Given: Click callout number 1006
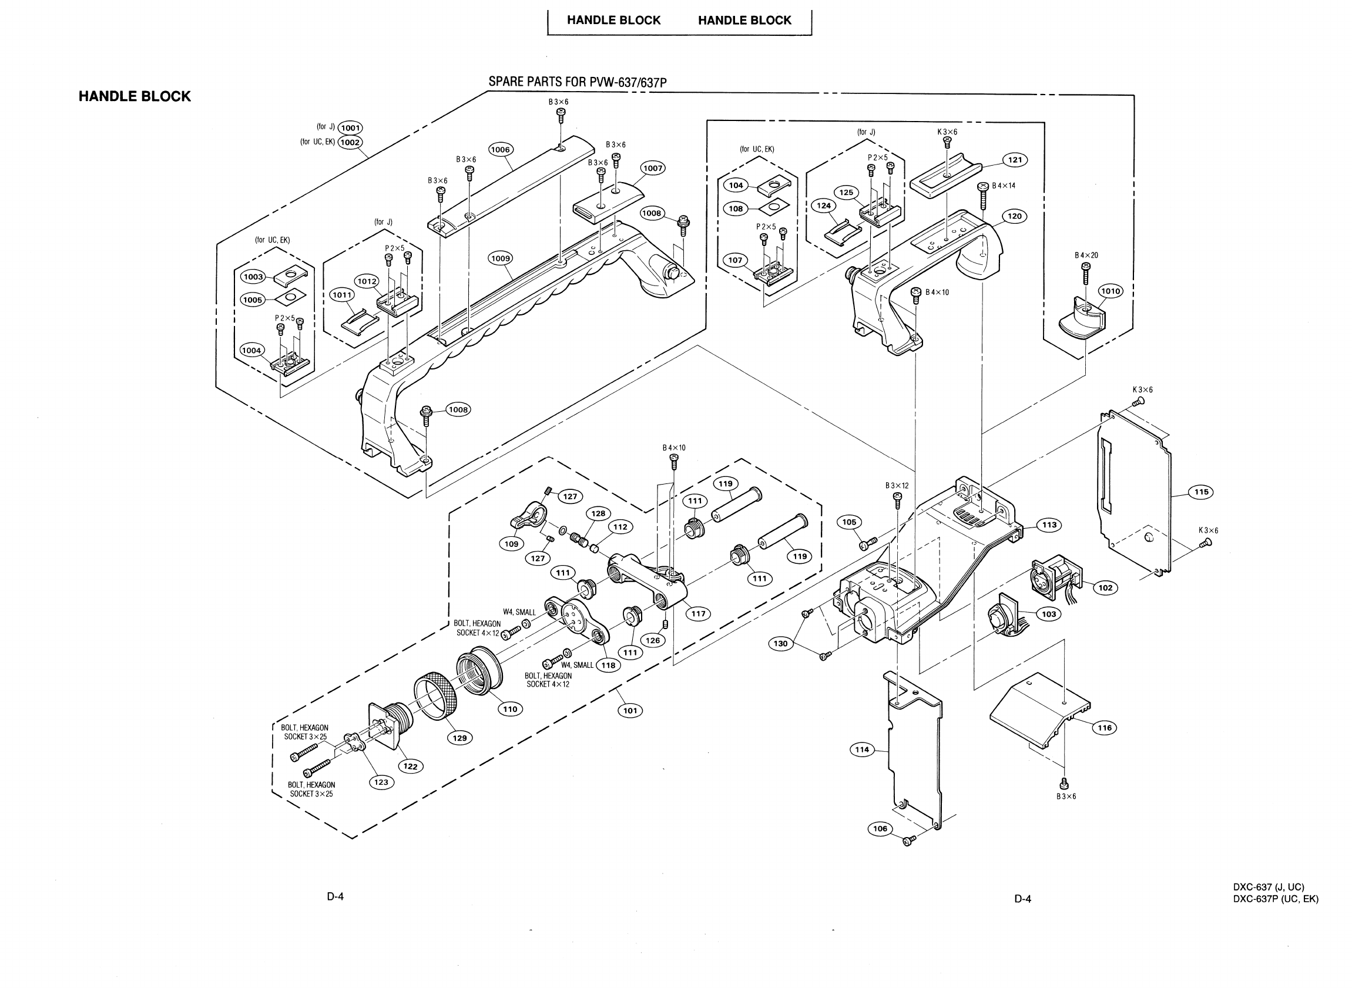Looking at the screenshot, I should (500, 150).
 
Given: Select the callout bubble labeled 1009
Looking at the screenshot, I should (500, 258).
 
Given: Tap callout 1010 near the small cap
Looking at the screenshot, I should (1111, 291).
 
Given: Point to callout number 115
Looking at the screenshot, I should (1201, 492).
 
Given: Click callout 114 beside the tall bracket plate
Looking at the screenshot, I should (862, 750).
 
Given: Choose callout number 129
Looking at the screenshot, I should (459, 738).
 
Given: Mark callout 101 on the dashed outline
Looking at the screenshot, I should (630, 711).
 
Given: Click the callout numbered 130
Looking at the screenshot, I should (781, 644).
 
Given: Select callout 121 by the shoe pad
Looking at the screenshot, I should (1015, 160).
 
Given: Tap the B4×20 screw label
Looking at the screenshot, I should (1086, 256).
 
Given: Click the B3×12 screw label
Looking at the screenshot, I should (897, 486).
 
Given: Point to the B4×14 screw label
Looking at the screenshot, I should (1004, 186).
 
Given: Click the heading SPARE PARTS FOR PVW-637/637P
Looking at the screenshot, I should (578, 82).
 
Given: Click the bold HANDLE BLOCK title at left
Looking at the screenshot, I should (135, 96).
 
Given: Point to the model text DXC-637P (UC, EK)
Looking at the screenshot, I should (1276, 899).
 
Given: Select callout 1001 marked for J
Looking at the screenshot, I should (350, 127).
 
